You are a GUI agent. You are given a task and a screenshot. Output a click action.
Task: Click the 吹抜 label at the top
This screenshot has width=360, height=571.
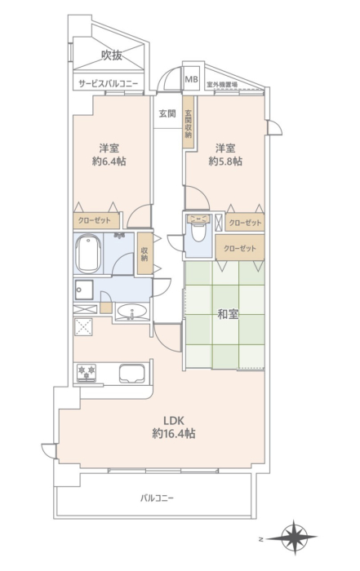click(112, 55)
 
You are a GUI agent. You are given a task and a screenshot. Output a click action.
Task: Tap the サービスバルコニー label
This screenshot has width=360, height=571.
click(109, 84)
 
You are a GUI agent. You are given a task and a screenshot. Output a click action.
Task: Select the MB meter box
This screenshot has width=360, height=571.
click(191, 79)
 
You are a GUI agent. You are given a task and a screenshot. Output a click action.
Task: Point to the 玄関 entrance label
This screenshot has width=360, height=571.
click(167, 113)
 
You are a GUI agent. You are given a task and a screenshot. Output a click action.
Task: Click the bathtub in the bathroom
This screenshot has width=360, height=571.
click(88, 254)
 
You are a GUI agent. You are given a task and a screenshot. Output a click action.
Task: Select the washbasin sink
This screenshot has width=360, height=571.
click(131, 312)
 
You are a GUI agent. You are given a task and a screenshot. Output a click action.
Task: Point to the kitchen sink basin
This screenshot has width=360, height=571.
click(131, 374)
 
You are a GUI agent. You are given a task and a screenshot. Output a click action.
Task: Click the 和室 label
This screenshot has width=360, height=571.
click(228, 314)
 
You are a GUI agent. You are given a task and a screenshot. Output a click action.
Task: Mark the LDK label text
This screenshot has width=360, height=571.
click(173, 421)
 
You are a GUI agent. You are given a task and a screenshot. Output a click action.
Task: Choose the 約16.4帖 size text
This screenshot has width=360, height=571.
click(173, 433)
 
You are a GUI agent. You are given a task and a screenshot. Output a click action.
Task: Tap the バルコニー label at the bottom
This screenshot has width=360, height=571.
click(157, 498)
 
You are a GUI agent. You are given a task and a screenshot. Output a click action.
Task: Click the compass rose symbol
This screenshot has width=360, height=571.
click(296, 538)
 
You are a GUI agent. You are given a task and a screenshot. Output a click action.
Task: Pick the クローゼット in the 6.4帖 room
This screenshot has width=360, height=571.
click(96, 221)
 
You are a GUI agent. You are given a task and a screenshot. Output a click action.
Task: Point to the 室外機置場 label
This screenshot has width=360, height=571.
click(222, 85)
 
